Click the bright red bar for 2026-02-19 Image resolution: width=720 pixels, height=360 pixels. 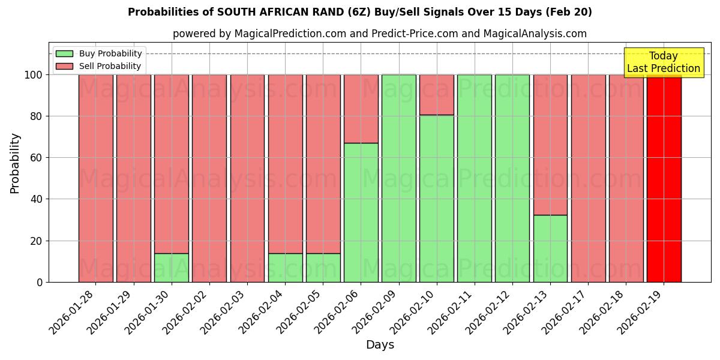tap(664, 178)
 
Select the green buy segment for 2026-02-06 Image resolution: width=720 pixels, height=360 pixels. tap(361, 212)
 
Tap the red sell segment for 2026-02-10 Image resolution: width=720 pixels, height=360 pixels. tap(437, 95)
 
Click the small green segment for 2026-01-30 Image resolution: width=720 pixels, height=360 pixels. tap(172, 268)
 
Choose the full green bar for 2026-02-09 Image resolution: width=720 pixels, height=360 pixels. tap(398, 178)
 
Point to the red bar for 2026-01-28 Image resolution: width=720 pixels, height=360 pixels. tap(95, 178)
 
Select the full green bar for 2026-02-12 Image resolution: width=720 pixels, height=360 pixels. tap(512, 178)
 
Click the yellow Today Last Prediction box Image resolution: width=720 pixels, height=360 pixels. tap(663, 62)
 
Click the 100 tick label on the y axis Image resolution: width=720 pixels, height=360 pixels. tap(33, 75)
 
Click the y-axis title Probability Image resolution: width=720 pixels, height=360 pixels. tap(15, 163)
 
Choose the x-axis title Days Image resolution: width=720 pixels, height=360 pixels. tap(380, 345)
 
